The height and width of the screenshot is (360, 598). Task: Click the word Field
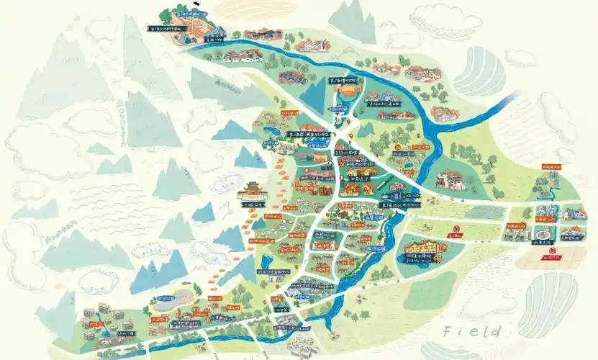472,331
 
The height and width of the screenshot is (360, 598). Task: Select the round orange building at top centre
347,94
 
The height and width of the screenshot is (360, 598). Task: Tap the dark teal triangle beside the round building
312,94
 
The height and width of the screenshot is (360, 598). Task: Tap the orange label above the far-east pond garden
550,167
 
